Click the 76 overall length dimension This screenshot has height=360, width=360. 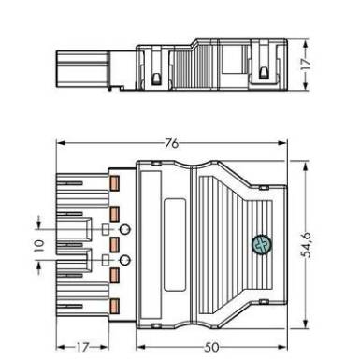tap(172, 143)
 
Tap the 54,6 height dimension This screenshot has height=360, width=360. tap(308, 245)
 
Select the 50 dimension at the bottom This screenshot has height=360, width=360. tap(212, 347)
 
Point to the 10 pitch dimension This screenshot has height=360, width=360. tap(39, 245)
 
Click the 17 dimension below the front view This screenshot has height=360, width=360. tap(82, 347)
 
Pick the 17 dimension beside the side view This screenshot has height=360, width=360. tap(307, 64)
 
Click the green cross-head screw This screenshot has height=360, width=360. tap(262, 245)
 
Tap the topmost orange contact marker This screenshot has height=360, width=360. tap(115, 183)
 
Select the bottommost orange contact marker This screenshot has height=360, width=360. tap(115, 305)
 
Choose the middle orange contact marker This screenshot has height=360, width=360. tap(115, 244)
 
